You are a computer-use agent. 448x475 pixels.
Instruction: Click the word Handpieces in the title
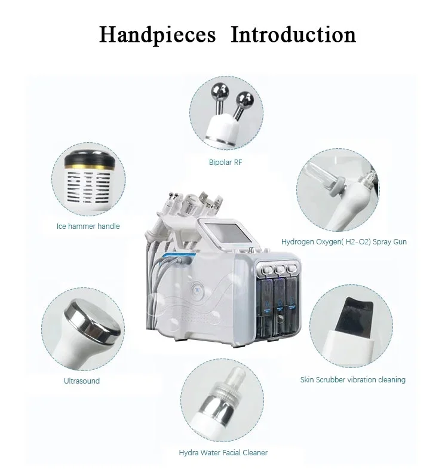tap(157, 34)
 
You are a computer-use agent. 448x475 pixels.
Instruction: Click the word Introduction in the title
tap(293, 34)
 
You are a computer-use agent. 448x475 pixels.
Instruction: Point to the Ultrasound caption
tap(81, 381)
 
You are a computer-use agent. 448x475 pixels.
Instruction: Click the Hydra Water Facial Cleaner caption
tap(223, 453)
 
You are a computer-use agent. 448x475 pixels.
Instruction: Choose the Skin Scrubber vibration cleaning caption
tap(352, 379)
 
